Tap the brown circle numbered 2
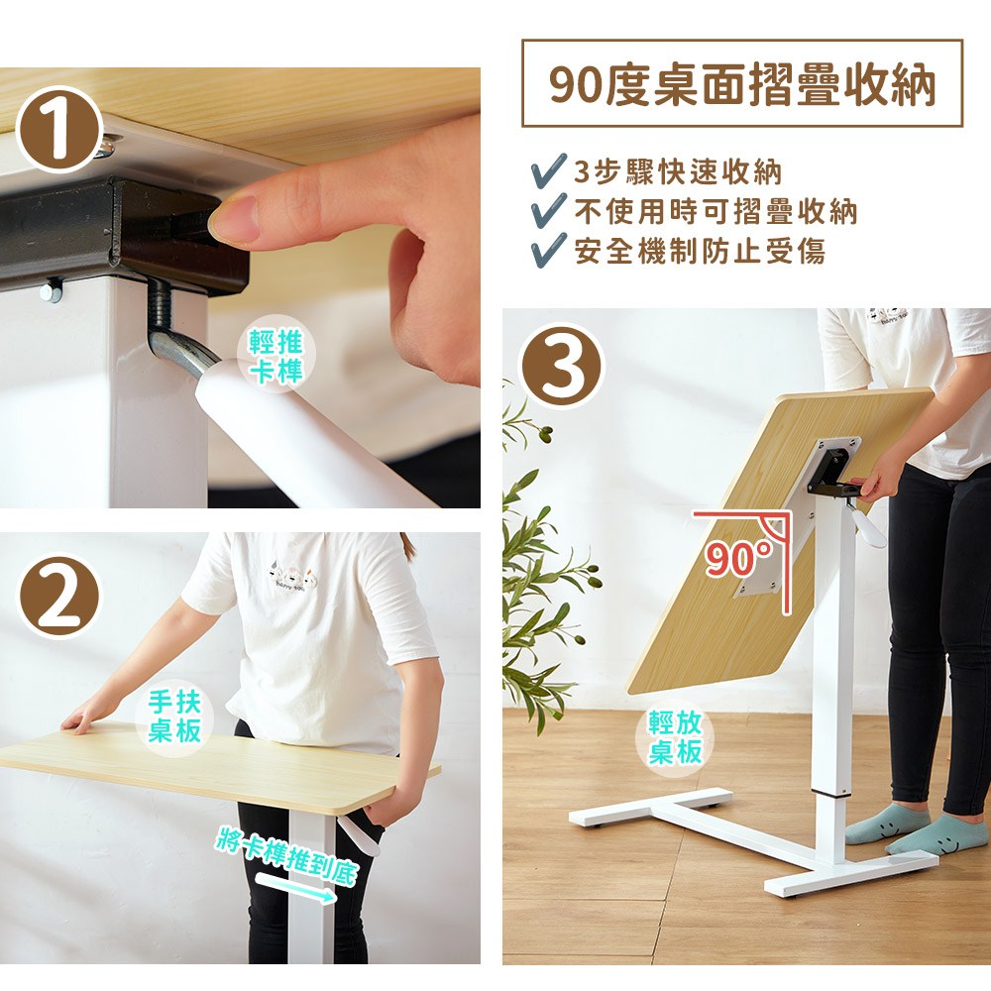click(58, 596)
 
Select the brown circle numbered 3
click(561, 366)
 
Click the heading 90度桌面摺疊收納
click(742, 84)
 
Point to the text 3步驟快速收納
click(678, 171)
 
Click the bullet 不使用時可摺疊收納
click(716, 211)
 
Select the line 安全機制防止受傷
click(700, 251)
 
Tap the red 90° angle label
click(738, 558)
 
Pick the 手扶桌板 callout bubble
click(173, 716)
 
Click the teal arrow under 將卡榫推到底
click(294, 887)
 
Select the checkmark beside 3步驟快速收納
click(548, 171)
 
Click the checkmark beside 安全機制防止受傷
click(548, 251)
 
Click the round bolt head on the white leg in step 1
click(50, 291)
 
